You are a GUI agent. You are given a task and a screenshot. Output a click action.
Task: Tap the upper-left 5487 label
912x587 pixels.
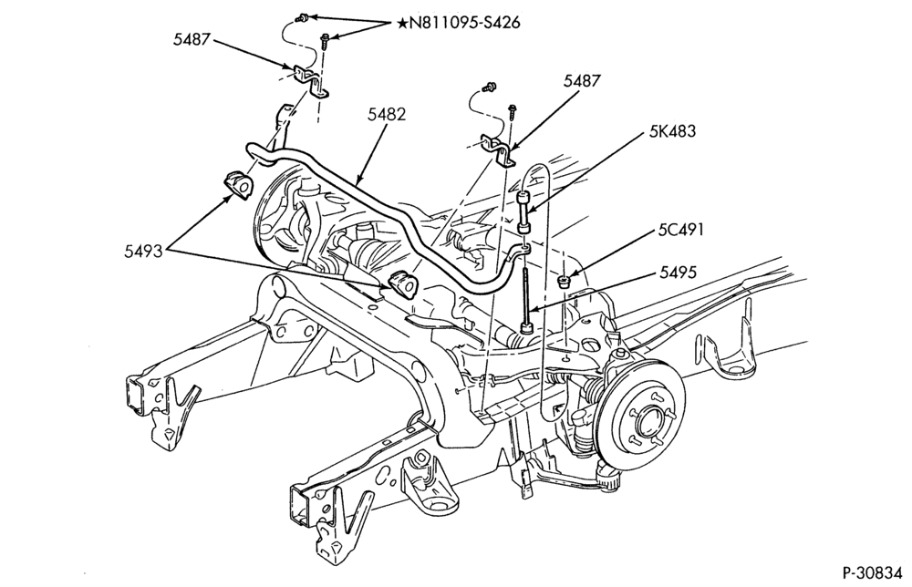191,39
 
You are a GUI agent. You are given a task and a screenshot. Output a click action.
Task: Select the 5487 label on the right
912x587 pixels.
581,81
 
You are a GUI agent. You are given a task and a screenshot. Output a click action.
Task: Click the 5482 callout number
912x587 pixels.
386,115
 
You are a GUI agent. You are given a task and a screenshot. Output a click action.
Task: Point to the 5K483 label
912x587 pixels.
672,130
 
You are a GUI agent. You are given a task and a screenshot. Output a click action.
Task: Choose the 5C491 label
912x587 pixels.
680,230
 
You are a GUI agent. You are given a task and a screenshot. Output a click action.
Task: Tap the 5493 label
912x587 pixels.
143,252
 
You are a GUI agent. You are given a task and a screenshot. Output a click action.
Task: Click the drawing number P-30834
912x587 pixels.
873,572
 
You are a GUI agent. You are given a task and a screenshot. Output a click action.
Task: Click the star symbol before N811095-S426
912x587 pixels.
402,24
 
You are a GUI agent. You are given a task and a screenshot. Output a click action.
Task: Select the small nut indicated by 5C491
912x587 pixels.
563,282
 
